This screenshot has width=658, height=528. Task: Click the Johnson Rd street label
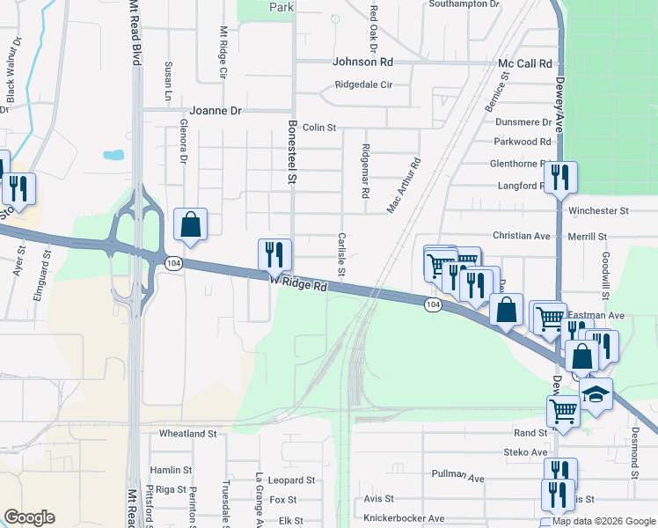tap(362, 62)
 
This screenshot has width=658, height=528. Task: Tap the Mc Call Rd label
tap(524, 64)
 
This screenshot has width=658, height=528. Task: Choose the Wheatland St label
tap(187, 434)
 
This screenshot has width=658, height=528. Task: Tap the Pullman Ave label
tap(458, 475)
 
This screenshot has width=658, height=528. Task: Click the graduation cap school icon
tap(596, 393)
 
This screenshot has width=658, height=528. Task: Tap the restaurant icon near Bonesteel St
tap(274, 254)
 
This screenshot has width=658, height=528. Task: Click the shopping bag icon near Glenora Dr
tap(190, 224)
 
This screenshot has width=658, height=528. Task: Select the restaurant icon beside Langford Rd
tap(559, 177)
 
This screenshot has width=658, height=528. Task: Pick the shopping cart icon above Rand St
tap(563, 409)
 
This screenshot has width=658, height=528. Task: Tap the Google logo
tap(28, 517)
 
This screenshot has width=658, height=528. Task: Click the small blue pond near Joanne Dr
tap(113, 156)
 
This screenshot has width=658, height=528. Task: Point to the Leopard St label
tap(291, 480)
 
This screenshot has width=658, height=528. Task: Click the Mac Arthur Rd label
tap(405, 186)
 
